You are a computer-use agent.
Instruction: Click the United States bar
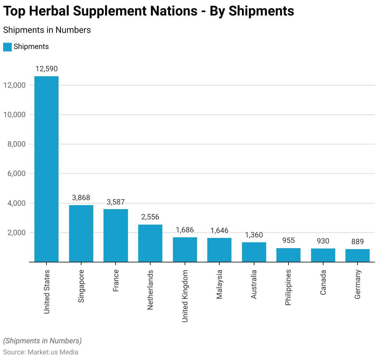46,169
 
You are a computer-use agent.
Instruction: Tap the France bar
116,235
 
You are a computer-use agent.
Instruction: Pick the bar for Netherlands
150,243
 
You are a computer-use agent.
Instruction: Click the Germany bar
358,256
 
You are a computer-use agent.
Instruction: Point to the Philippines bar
288,255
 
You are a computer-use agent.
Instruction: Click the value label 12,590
46,69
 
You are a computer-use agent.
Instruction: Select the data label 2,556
150,217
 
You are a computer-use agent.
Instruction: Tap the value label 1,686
185,230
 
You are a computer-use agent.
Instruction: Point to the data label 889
358,242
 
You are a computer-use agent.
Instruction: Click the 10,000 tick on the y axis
14,115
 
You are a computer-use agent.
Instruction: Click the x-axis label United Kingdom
185,296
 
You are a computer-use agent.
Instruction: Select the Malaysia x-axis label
219,284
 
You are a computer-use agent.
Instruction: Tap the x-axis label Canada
323,282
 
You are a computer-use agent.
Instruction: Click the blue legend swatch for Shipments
7,47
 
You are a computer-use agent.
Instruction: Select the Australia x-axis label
254,284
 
